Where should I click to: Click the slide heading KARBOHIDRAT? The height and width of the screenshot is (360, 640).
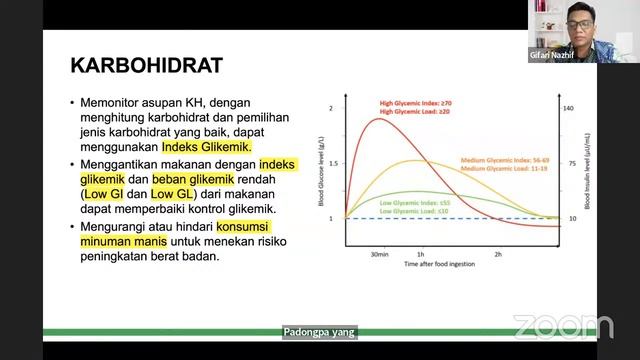click(146, 66)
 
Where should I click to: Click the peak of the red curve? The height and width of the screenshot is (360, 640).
click(378, 119)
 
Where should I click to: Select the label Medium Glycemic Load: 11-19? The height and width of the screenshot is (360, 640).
click(504, 169)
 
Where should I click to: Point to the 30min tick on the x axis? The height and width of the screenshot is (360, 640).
click(377, 255)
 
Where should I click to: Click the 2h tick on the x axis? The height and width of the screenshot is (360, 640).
click(498, 255)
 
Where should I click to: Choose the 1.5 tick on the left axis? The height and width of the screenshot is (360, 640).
click(334, 162)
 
